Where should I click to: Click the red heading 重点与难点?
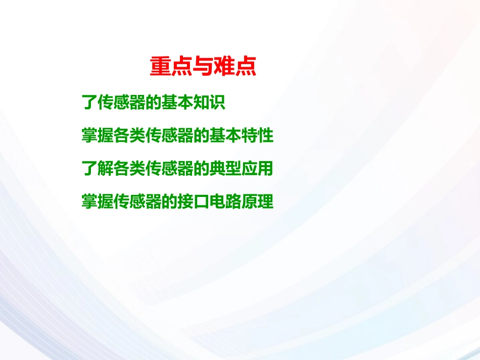coord(203,67)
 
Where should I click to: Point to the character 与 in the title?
coord(203,67)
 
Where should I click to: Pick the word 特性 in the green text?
coord(260,136)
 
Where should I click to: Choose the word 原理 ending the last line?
coord(260,202)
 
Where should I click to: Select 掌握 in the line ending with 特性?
coord(96,136)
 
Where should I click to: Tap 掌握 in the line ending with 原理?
coord(96,202)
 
